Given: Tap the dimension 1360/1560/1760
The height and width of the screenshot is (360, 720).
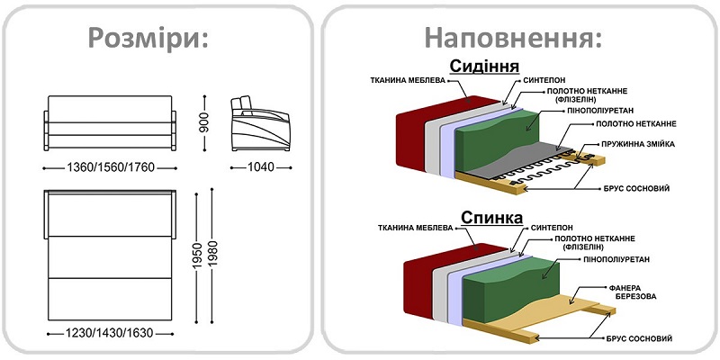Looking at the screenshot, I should [x=111, y=167].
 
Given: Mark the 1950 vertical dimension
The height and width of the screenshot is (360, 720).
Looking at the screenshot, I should [x=196, y=257].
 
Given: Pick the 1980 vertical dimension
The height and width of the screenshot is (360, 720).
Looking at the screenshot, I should [x=213, y=257].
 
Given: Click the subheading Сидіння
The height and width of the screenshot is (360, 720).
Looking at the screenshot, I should [x=484, y=67].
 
